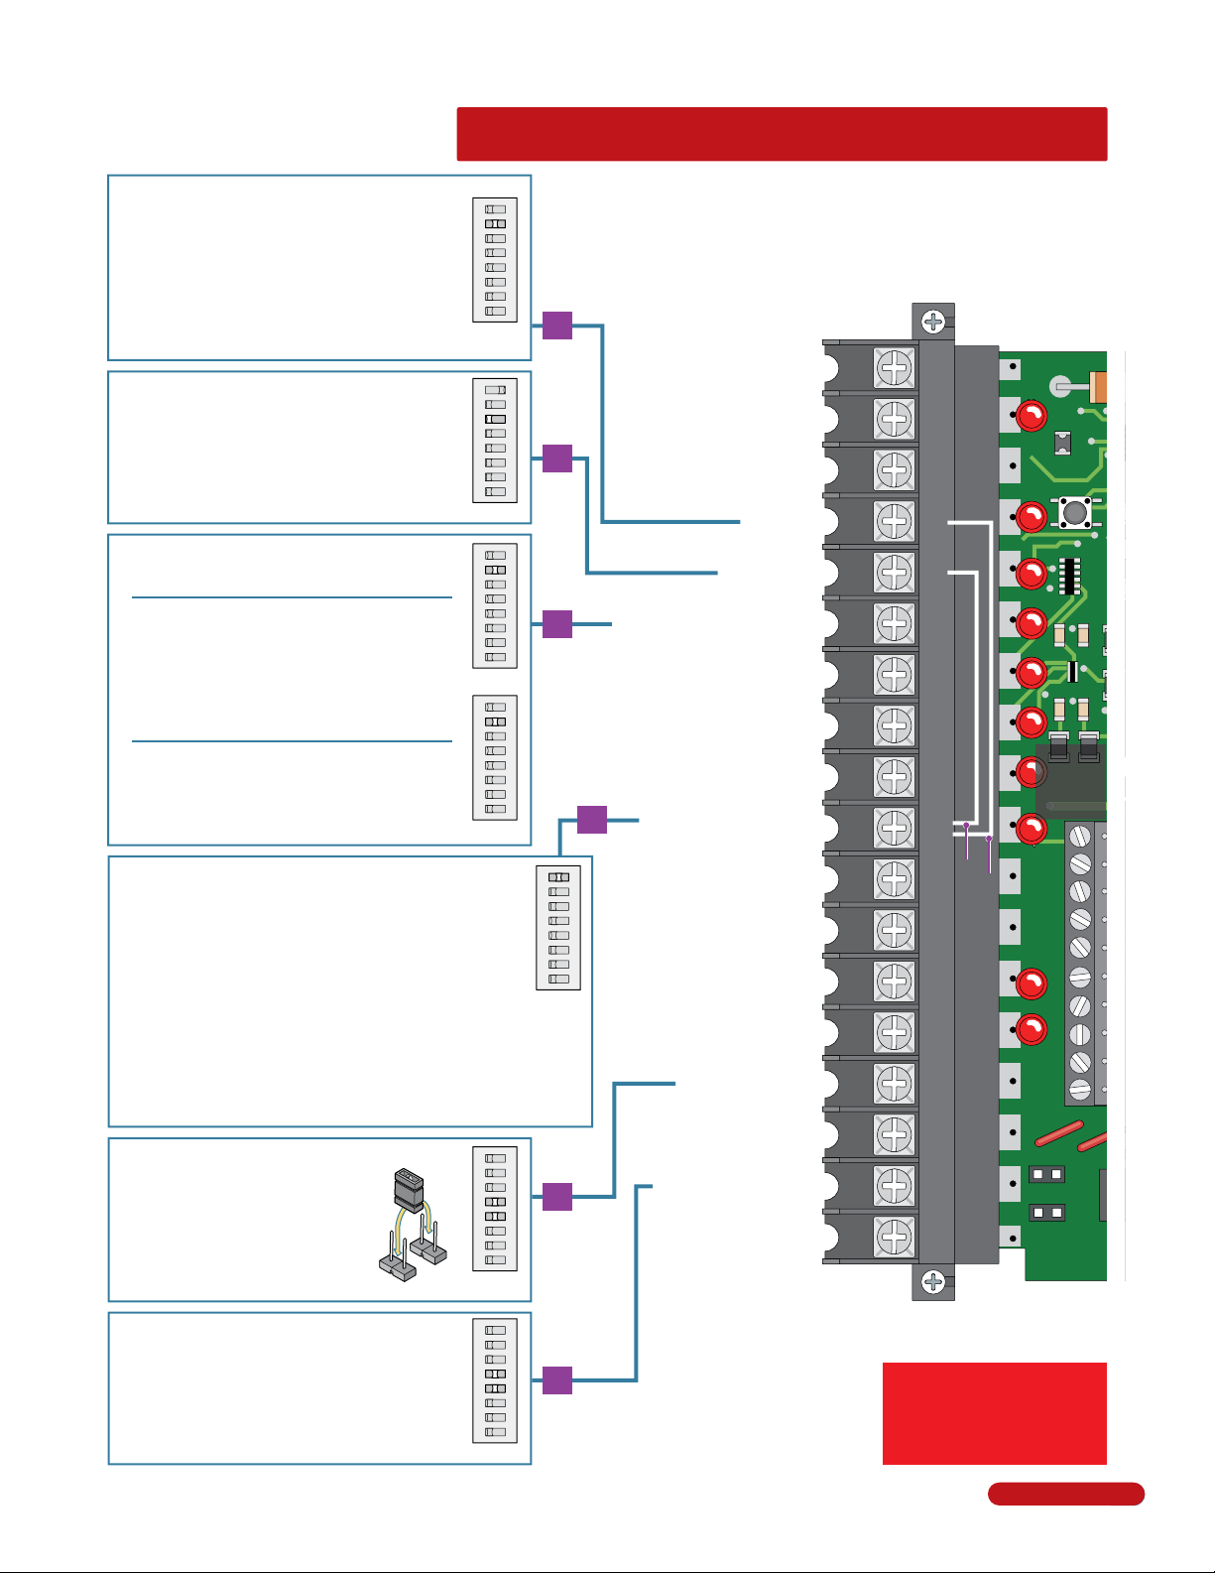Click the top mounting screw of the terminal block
click(x=933, y=322)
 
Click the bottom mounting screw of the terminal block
click(x=933, y=1282)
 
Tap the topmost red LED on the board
click(x=1032, y=416)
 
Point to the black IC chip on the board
click(x=1068, y=576)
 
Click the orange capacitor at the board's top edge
click(x=1098, y=386)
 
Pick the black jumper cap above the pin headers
click(x=409, y=1189)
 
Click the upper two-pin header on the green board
click(x=1046, y=1174)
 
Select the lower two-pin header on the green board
click(x=1046, y=1212)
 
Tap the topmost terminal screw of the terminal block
click(x=894, y=367)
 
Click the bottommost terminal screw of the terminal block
click(x=894, y=1237)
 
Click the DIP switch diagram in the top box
click(x=495, y=260)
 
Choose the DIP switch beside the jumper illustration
click(x=495, y=1209)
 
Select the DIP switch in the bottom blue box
click(x=495, y=1380)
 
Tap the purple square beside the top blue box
click(x=557, y=326)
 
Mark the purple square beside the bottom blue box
click(x=557, y=1380)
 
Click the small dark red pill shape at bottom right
click(x=1065, y=1494)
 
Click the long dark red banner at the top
click(x=782, y=134)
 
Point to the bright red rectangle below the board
click(x=994, y=1413)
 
